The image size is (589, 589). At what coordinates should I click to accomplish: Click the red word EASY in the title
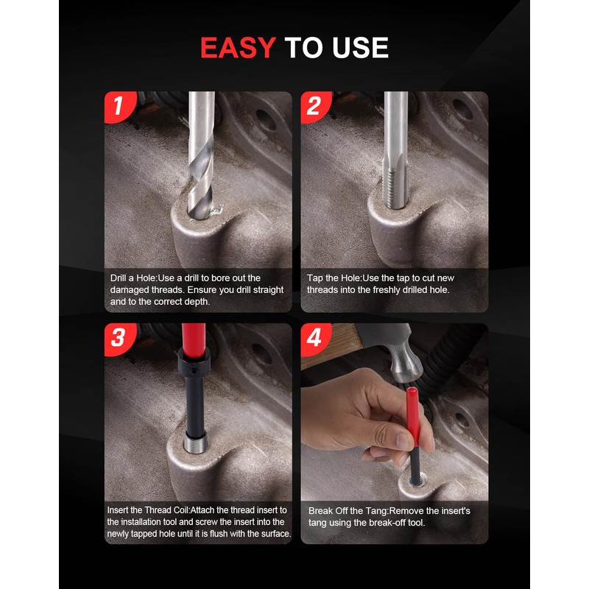click(x=237, y=48)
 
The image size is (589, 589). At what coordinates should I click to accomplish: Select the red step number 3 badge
click(x=118, y=339)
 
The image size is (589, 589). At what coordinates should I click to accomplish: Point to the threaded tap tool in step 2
click(x=394, y=177)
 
